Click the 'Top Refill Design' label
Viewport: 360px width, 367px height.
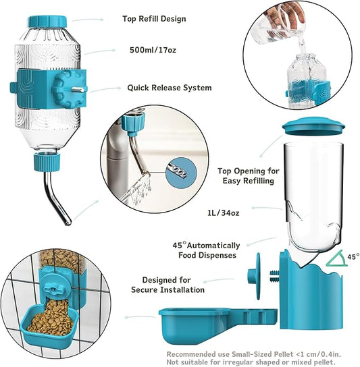155,19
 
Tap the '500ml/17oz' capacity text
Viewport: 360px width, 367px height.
154,49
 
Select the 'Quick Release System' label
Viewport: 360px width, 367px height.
169,88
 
